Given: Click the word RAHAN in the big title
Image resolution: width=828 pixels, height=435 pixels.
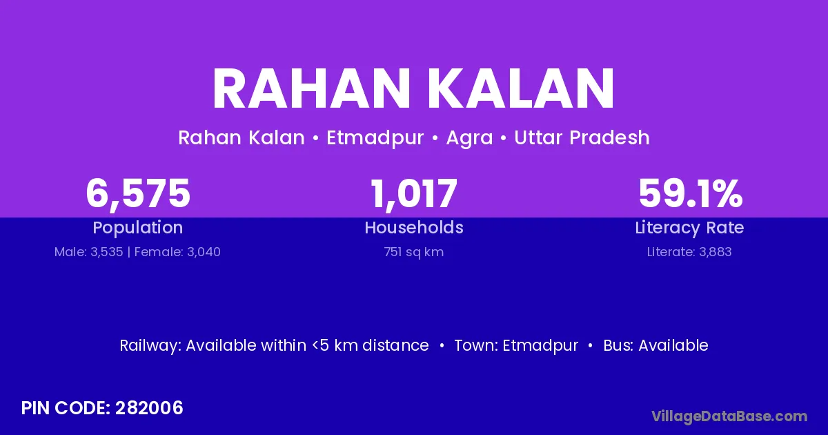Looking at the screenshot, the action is pyautogui.click(x=311, y=89).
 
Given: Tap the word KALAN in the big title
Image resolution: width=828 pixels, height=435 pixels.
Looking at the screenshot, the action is pyautogui.click(x=521, y=89).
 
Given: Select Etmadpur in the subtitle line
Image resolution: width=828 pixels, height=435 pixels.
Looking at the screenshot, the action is pyautogui.click(x=375, y=138).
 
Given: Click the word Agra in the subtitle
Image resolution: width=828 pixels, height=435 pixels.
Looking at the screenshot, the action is pyautogui.click(x=469, y=138).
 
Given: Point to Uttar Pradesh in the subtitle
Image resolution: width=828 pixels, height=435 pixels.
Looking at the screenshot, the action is pyautogui.click(x=582, y=137).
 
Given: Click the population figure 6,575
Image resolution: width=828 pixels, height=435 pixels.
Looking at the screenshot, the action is pyautogui.click(x=138, y=194).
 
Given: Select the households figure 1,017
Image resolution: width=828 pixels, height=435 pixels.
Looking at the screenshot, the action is pyautogui.click(x=414, y=194).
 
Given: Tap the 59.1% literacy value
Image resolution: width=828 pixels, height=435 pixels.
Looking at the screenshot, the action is pyautogui.click(x=691, y=193).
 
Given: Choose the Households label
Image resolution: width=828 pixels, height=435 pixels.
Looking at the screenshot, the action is pyautogui.click(x=414, y=227).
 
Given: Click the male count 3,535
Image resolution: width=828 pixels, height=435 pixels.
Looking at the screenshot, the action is pyautogui.click(x=107, y=252).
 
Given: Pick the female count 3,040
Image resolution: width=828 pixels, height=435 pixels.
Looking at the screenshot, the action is pyautogui.click(x=204, y=252).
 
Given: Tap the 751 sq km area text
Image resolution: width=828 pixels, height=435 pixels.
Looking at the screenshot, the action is pyautogui.click(x=414, y=252).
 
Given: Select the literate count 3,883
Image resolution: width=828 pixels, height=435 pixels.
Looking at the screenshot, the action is pyautogui.click(x=716, y=252).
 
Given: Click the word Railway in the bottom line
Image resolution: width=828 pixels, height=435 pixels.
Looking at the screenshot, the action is pyautogui.click(x=150, y=346).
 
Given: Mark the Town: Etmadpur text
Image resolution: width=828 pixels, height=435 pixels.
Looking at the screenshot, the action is pyautogui.click(x=516, y=346).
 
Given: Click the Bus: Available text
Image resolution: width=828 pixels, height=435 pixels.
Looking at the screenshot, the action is pyautogui.click(x=655, y=345).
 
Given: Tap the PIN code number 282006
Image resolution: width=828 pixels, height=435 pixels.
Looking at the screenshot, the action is pyautogui.click(x=149, y=408).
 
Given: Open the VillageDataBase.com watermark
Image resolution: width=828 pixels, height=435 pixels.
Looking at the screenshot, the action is pyautogui.click(x=729, y=417).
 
